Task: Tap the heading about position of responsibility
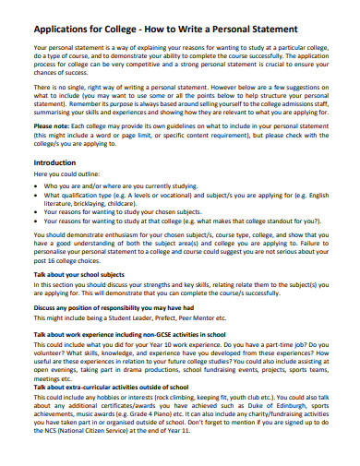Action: pyautogui.click(x=113, y=308)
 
